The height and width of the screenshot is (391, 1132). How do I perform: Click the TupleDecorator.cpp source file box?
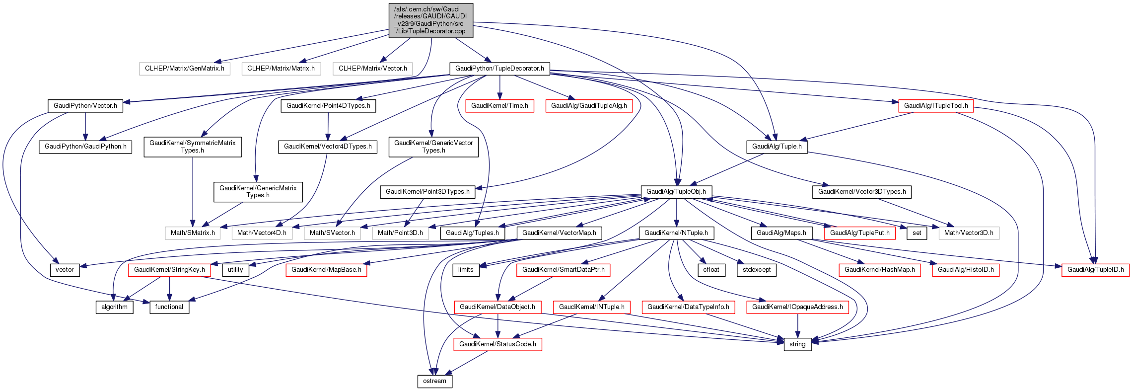[x=430, y=20]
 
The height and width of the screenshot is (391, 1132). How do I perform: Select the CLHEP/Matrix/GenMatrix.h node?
[x=185, y=69]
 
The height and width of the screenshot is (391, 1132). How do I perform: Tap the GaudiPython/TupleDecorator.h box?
[x=499, y=69]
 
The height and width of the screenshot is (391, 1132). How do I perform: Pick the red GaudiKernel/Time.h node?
[x=499, y=106]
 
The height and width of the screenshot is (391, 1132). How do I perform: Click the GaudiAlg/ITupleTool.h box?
[x=935, y=106]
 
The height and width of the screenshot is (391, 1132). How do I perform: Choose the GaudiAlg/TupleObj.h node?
[x=676, y=192]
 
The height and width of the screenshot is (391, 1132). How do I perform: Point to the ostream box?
[x=434, y=381]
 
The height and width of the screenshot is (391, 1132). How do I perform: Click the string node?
[x=797, y=344]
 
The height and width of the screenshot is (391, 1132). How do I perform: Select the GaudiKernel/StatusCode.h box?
[x=497, y=344]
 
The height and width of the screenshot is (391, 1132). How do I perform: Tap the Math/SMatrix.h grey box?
[x=193, y=233]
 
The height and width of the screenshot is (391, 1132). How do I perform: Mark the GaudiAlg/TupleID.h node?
[x=1095, y=270]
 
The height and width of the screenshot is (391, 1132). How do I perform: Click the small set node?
[x=917, y=233]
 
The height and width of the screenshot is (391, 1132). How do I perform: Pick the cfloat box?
[x=711, y=270]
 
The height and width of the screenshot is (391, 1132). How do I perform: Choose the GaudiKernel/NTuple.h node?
[x=676, y=233]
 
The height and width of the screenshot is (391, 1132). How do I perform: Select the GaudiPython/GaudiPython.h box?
[x=85, y=147]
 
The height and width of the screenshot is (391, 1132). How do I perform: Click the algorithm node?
[x=114, y=307]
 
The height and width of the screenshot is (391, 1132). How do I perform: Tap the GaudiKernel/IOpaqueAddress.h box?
[x=797, y=307]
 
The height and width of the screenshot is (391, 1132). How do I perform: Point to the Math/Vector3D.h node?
[x=969, y=233]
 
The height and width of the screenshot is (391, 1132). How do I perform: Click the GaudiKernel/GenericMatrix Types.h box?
[x=258, y=192]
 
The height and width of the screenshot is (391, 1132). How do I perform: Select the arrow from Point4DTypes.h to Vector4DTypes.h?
[x=328, y=126]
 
